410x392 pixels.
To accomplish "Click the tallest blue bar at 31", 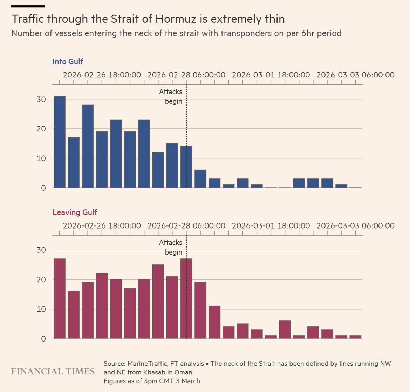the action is click(x=60, y=142).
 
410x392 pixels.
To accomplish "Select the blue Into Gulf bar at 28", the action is click(x=88, y=146).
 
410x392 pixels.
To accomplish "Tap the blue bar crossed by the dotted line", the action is click(x=186, y=167).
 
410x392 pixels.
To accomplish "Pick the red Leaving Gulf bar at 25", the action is click(x=158, y=302).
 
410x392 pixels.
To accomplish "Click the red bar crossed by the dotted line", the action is click(x=186, y=299).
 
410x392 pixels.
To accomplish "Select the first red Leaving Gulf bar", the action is click(x=60, y=299).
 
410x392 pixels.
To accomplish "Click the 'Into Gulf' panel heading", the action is click(x=68, y=61).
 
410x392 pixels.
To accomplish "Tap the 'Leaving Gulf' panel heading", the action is click(x=75, y=212).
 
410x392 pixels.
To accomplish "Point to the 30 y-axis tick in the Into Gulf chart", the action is click(x=41, y=100).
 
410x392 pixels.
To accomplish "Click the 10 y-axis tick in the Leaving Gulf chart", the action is click(x=41, y=309).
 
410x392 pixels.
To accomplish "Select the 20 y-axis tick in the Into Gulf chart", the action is click(x=41, y=129).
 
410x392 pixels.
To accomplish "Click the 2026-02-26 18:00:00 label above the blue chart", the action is click(x=102, y=75).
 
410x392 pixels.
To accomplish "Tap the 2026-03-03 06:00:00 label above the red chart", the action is click(x=355, y=225).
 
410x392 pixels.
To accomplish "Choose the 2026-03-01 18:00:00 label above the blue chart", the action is click(x=271, y=75).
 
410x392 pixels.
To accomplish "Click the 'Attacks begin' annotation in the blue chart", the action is click(x=171, y=96).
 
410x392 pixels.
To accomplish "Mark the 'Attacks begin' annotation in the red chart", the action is click(x=171, y=247).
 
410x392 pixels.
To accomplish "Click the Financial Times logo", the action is click(x=53, y=371).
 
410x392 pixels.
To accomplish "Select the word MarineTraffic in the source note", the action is click(x=148, y=364).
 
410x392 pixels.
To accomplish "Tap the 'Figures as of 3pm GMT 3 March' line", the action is click(x=152, y=381).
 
